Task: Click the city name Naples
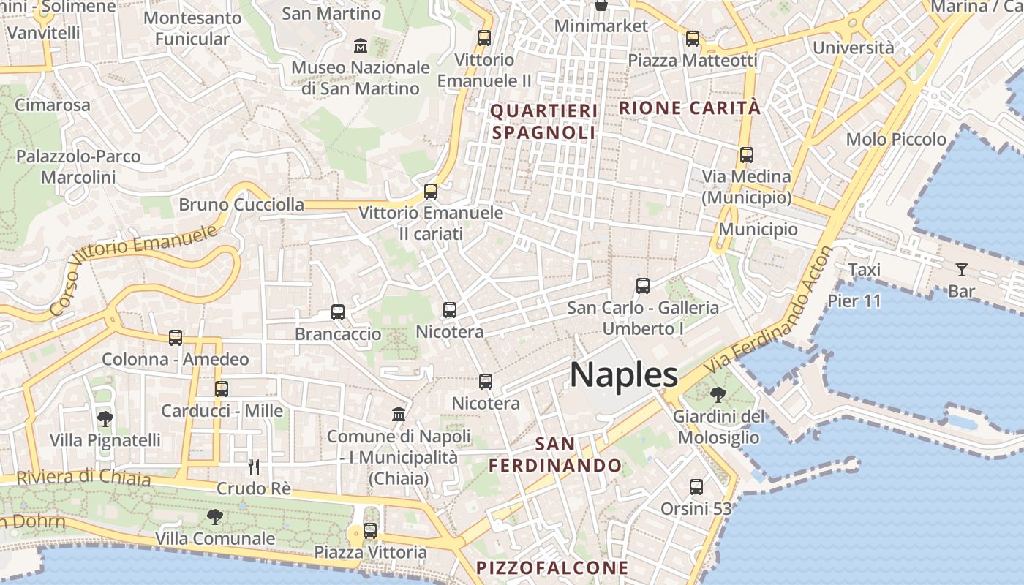coord(624,374)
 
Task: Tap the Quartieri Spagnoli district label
coord(543,121)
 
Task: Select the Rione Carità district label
coord(690,108)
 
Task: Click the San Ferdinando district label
coord(555,454)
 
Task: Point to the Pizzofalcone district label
coord(552,567)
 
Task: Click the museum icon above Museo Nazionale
coord(361,46)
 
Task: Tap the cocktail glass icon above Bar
coord(961,270)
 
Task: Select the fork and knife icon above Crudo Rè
coord(254,467)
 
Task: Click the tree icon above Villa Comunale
coord(215,517)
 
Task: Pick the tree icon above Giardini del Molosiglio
coord(718,395)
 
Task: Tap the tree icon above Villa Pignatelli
coord(105,418)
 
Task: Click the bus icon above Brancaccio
coord(338,312)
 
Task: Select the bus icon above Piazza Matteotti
coord(692,39)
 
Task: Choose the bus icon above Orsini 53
coord(696,486)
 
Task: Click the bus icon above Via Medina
coord(746,155)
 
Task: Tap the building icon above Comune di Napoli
coord(399,415)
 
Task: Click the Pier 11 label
coord(854,301)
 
